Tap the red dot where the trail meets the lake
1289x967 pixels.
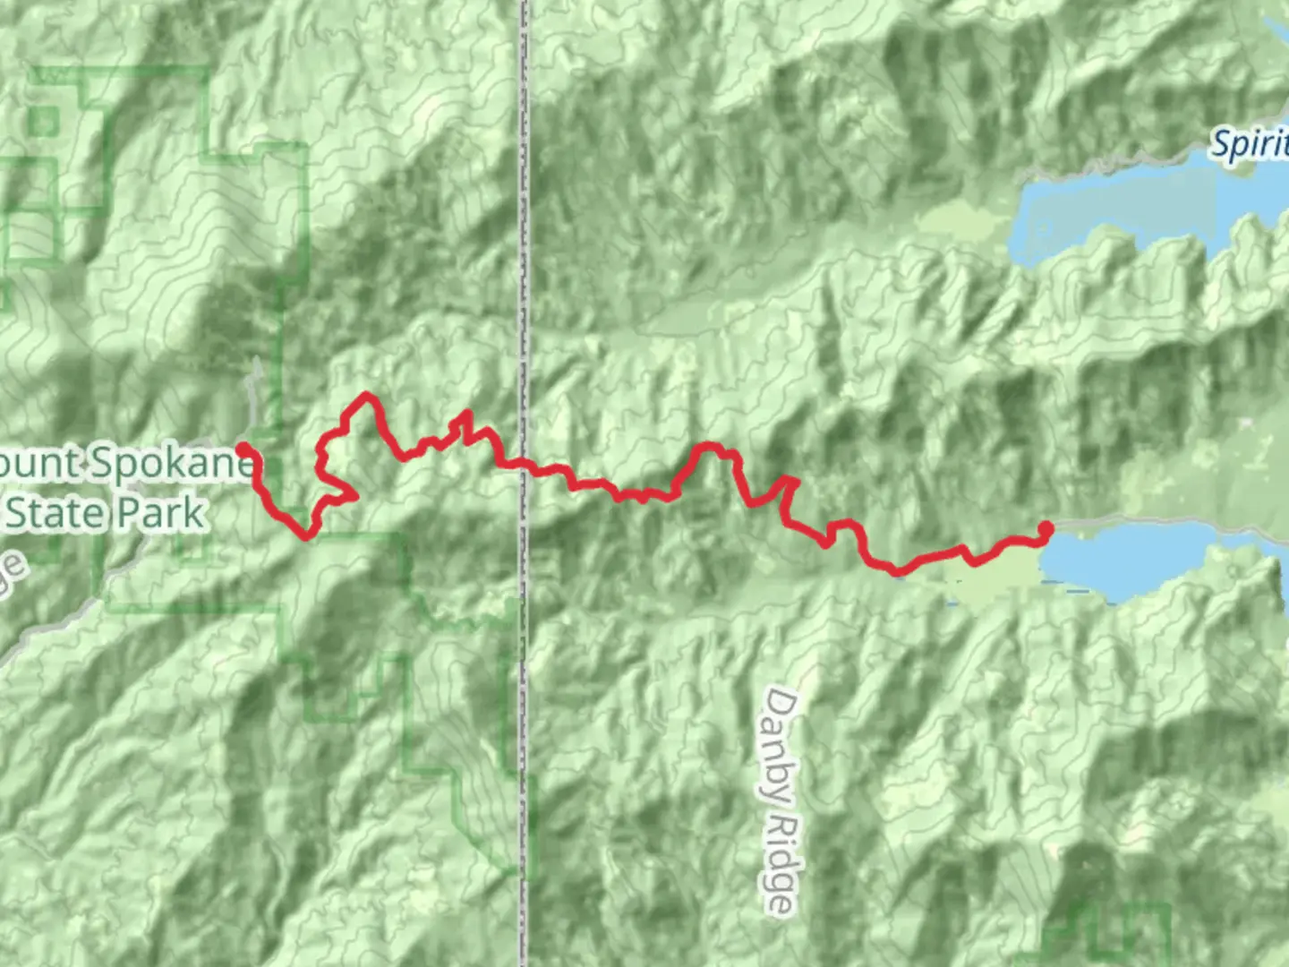[x=1045, y=528]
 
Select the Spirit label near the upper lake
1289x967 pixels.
[x=1250, y=144]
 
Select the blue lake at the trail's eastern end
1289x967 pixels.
[x=1146, y=560]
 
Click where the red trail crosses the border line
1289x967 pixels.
[x=525, y=466]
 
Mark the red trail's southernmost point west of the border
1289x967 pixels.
[x=306, y=536]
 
